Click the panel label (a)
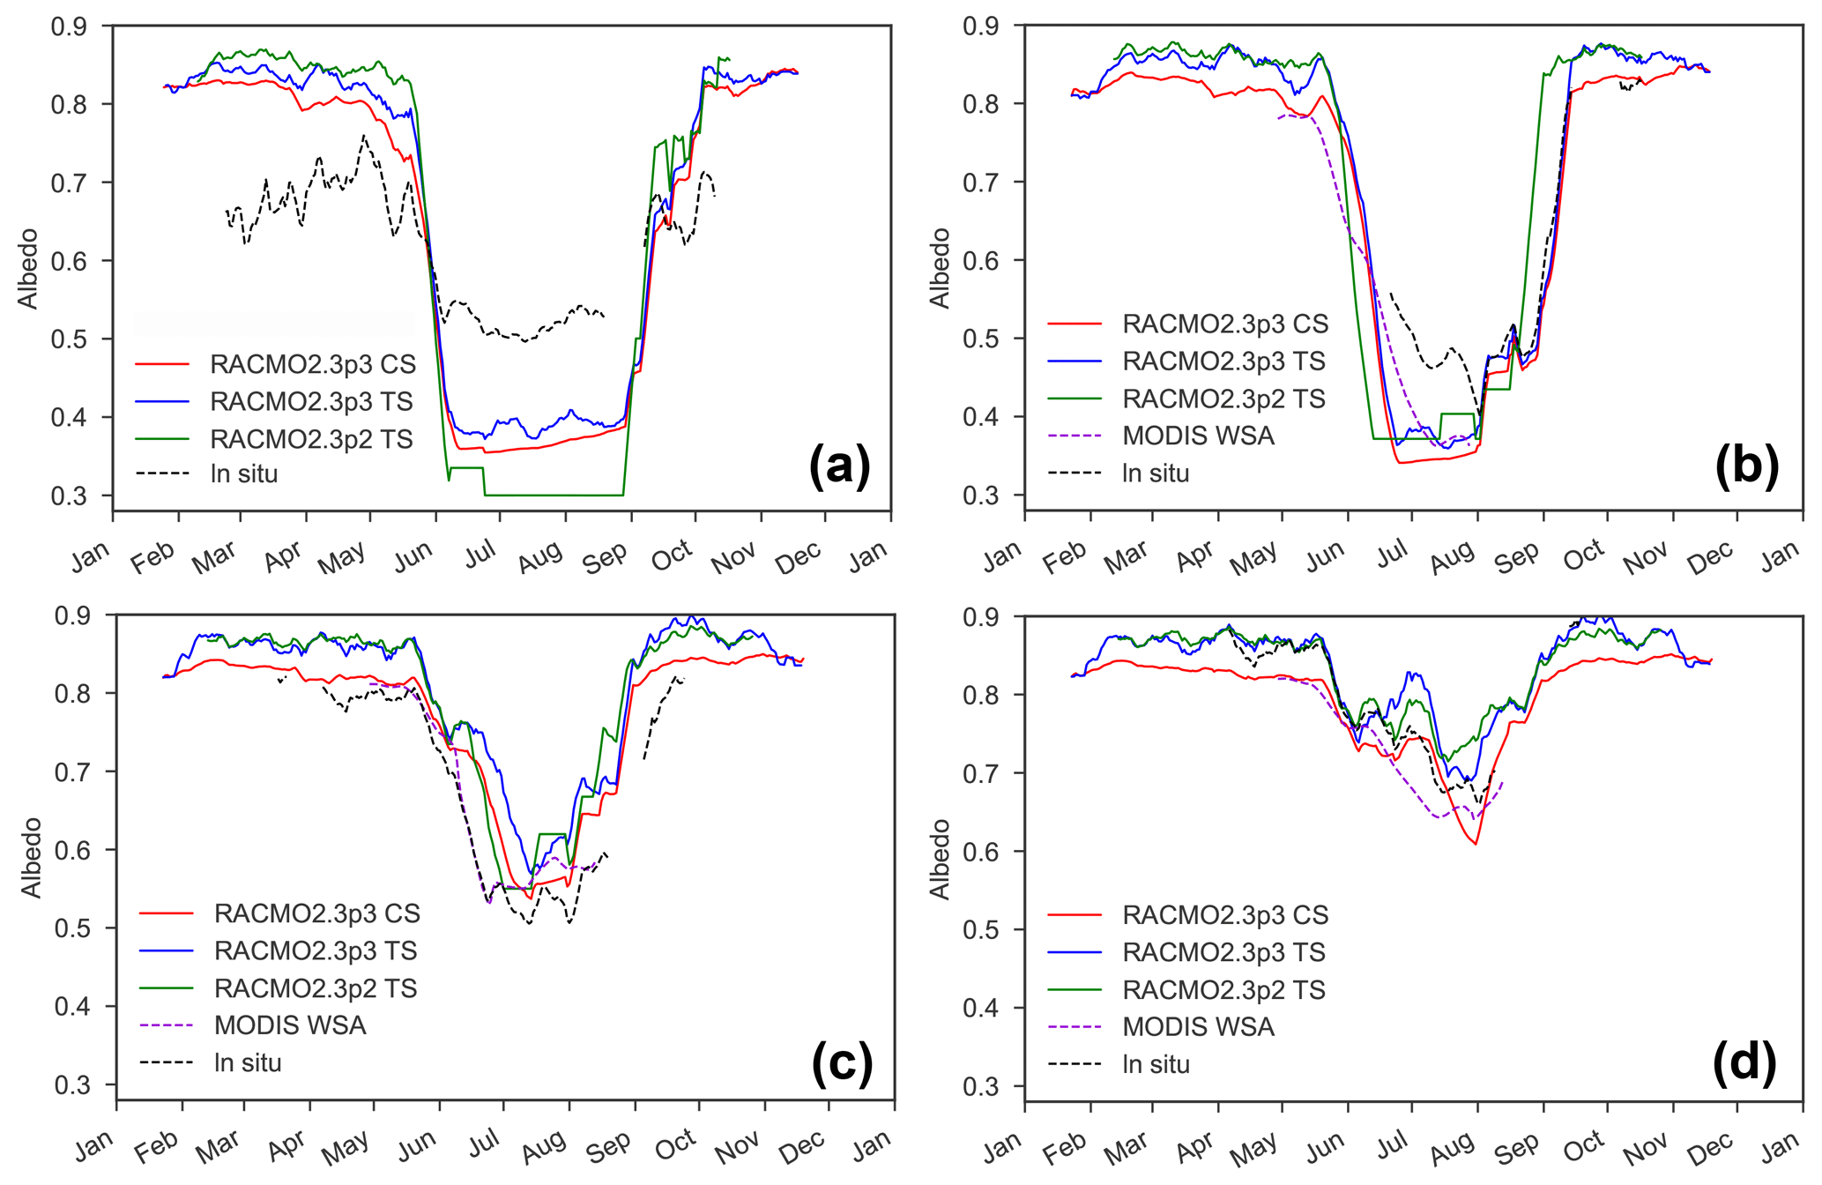click(x=839, y=465)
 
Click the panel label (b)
click(x=1747, y=465)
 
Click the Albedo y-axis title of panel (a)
click(x=28, y=269)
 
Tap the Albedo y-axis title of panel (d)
click(x=941, y=860)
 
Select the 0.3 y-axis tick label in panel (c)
click(x=72, y=1085)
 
